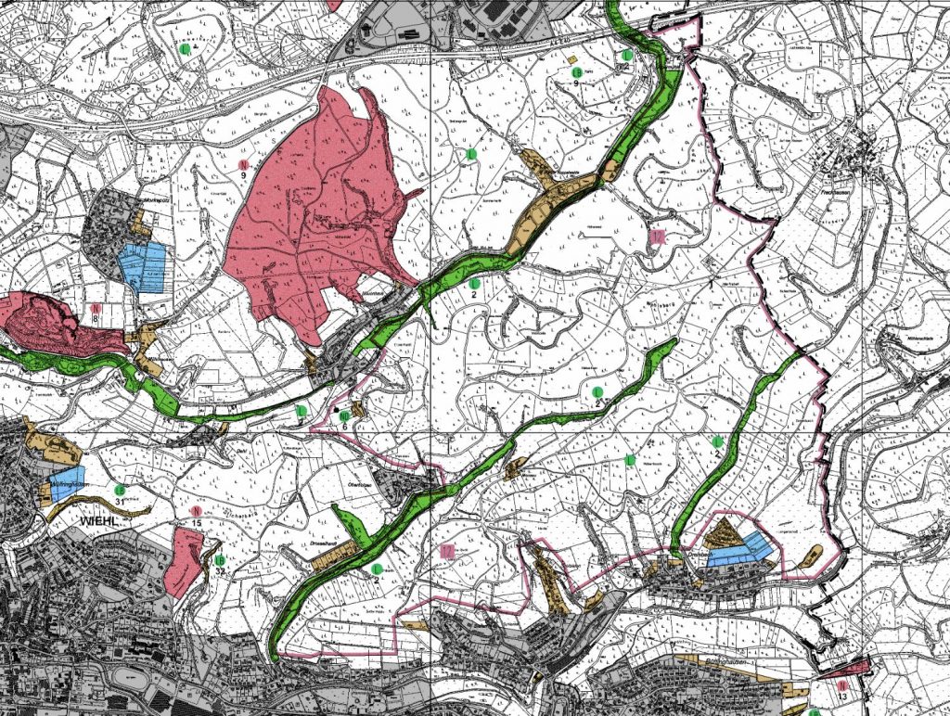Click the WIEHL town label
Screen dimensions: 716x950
coord(96,521)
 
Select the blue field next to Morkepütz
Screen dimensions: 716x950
coord(142,267)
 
